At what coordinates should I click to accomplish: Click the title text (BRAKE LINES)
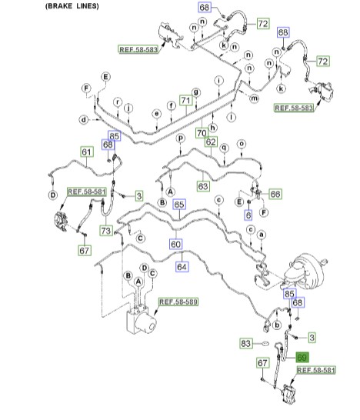click(x=72, y=6)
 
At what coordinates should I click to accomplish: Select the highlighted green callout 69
click(x=302, y=358)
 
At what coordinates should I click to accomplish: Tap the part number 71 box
click(x=186, y=101)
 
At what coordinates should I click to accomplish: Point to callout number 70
click(x=202, y=133)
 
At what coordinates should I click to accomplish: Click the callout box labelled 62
click(x=211, y=142)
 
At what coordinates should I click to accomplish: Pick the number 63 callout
click(x=203, y=186)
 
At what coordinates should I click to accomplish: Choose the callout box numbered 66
click(x=275, y=194)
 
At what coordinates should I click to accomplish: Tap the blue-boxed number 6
click(x=248, y=215)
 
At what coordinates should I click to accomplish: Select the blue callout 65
click(x=179, y=205)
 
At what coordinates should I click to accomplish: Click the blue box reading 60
click(x=175, y=245)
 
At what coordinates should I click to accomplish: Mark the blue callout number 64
click(x=182, y=267)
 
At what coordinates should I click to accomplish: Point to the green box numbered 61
click(x=87, y=152)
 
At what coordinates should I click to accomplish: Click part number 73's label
click(x=106, y=231)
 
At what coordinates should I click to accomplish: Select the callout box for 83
click(x=246, y=343)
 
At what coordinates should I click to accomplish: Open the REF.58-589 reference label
click(x=178, y=302)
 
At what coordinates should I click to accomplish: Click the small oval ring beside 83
click(x=265, y=343)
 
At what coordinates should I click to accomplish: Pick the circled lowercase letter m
click(x=254, y=98)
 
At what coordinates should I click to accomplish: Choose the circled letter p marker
click(x=181, y=138)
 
